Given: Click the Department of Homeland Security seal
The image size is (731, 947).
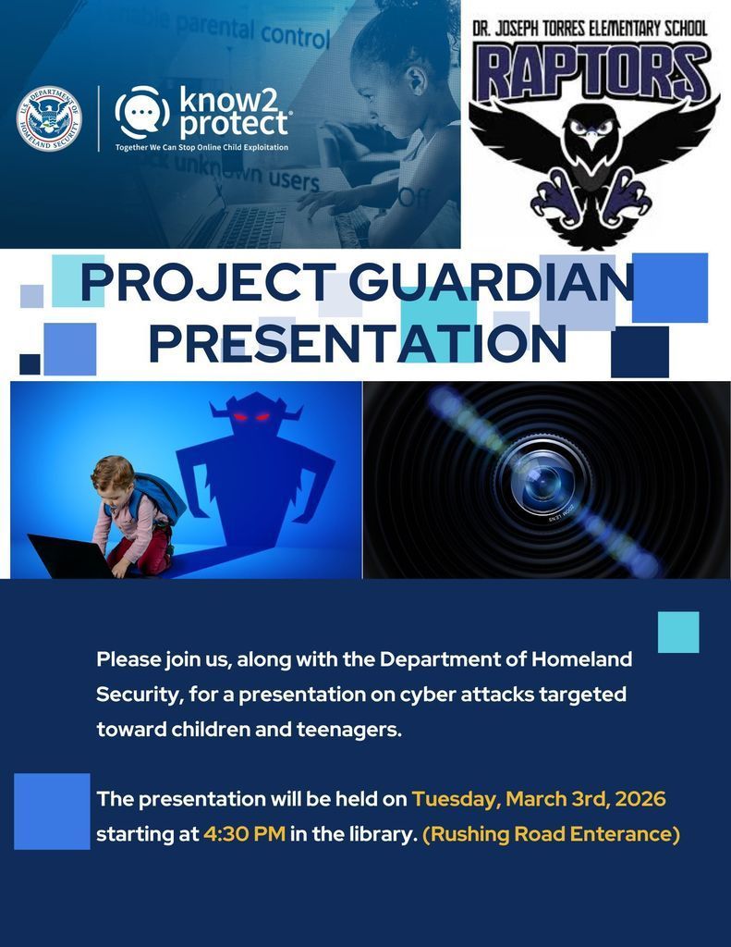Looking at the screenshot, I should (x=50, y=118).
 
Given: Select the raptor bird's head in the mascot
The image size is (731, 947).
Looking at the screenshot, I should (x=591, y=138).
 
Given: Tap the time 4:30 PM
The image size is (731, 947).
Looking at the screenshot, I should (x=244, y=834).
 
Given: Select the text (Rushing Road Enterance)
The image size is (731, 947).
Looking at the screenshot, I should (x=551, y=834).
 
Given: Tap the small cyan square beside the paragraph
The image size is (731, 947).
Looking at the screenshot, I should (x=677, y=633).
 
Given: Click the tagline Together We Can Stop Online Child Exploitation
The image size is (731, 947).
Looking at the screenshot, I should (x=201, y=148).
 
